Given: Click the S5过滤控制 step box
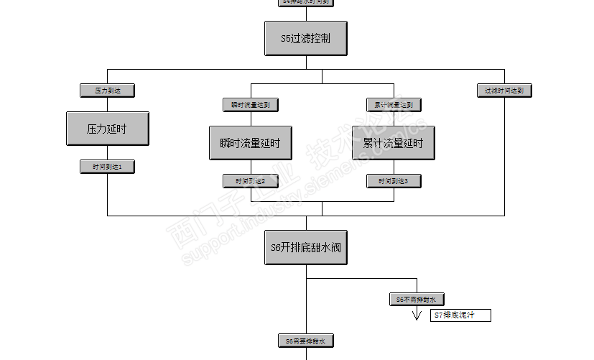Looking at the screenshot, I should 306,38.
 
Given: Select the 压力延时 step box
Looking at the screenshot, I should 107,129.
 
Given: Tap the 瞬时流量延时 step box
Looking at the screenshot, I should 251,143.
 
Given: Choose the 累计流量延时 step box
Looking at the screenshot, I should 393,143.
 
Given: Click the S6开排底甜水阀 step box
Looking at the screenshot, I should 306,248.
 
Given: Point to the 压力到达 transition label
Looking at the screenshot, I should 107,91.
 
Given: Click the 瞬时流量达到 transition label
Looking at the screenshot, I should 251,105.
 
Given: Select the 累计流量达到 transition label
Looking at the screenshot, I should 393,105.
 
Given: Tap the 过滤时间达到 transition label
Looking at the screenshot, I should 504,91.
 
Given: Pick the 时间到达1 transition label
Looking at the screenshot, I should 107,167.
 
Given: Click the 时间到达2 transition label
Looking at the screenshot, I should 251,181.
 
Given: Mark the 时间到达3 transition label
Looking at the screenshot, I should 393,181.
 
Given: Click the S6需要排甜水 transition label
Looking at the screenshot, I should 306,341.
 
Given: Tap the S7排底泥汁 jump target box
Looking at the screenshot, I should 460,315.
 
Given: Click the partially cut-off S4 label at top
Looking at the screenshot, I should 306,2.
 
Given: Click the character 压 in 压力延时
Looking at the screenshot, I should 91,129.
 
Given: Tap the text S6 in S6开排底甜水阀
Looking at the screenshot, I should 277,248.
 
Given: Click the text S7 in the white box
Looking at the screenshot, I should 439,315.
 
